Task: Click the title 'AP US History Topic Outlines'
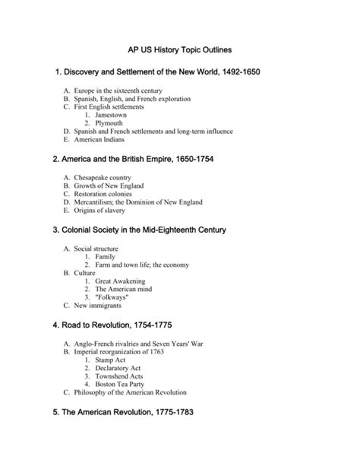pyautogui.click(x=180, y=49)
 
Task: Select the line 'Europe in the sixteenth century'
pyautogui.click(x=118, y=90)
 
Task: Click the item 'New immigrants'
pyautogui.click(x=102, y=306)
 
